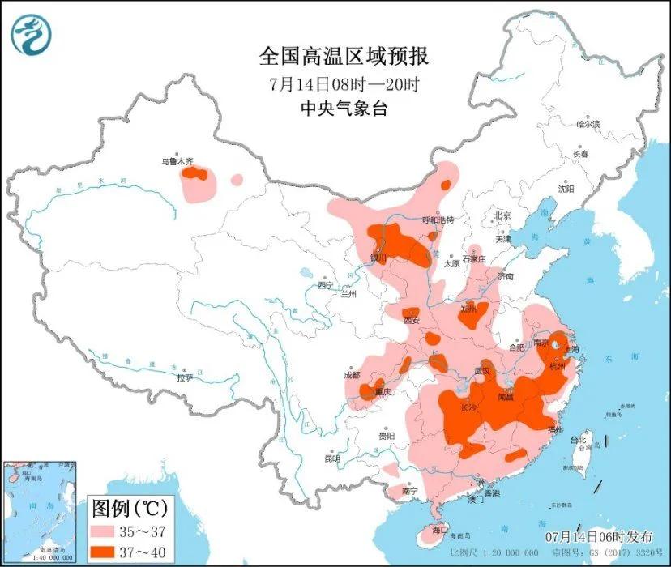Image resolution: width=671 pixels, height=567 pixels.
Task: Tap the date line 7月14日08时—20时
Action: pos(344,83)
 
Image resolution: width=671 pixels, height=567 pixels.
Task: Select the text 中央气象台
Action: pos(344,109)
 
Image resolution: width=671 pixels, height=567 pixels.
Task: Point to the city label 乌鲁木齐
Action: pos(177,162)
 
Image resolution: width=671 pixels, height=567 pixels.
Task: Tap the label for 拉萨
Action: pos(185,377)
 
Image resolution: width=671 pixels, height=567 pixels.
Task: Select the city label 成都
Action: pos(351,375)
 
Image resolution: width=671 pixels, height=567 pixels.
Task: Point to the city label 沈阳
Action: pos(565,189)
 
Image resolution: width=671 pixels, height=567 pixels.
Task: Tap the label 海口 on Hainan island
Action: pos(440,529)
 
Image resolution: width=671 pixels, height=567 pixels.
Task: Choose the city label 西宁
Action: pos(326,284)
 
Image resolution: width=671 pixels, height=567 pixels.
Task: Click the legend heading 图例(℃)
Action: pos(130,509)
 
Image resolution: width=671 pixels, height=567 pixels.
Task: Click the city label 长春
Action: pos(580,153)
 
